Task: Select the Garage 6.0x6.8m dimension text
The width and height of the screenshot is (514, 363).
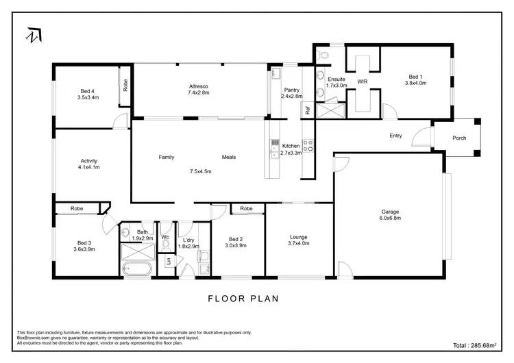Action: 390,219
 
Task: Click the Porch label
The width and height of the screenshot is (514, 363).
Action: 459,138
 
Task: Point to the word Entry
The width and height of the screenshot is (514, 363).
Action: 395,136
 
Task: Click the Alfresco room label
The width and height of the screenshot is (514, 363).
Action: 199,86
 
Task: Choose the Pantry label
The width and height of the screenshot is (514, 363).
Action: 291,89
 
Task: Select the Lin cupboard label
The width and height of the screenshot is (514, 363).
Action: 169,261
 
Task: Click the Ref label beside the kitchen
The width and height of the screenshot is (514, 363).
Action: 308,110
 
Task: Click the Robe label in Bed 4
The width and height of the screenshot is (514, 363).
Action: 125,86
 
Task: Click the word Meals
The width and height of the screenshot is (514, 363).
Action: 229,157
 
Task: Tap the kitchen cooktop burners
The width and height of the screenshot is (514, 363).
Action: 308,145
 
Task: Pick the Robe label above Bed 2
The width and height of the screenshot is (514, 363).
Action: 247,208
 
